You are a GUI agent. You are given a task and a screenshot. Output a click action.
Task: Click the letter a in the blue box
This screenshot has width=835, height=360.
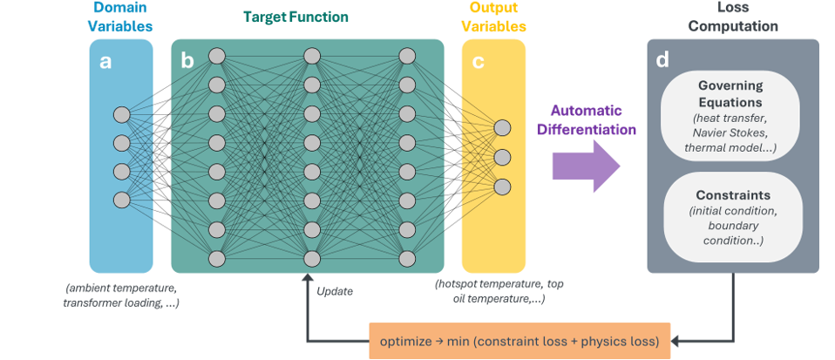click(105, 61)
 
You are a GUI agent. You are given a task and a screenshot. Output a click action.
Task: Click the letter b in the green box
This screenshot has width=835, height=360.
click(187, 61)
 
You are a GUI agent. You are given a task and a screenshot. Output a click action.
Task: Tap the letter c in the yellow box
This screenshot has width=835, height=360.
click(477, 61)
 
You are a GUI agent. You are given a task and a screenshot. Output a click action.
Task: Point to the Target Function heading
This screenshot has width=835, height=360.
click(295, 17)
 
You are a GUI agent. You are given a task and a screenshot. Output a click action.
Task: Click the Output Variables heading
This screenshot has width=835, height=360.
click(494, 17)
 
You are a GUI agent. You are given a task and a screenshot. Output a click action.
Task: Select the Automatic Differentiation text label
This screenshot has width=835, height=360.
click(585, 120)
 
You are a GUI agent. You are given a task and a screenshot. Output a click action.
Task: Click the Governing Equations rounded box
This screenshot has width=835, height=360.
click(730, 113)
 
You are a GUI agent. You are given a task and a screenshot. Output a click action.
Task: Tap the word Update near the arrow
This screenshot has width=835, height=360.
click(335, 291)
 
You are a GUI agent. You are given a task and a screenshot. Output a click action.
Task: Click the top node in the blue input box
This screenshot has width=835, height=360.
click(121, 115)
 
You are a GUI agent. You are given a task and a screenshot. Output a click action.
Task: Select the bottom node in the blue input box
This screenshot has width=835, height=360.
click(121, 200)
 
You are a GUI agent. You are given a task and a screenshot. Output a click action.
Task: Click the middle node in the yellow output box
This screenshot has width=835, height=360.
click(502, 157)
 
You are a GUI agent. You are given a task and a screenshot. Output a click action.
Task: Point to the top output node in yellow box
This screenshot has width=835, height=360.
click(502, 128)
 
